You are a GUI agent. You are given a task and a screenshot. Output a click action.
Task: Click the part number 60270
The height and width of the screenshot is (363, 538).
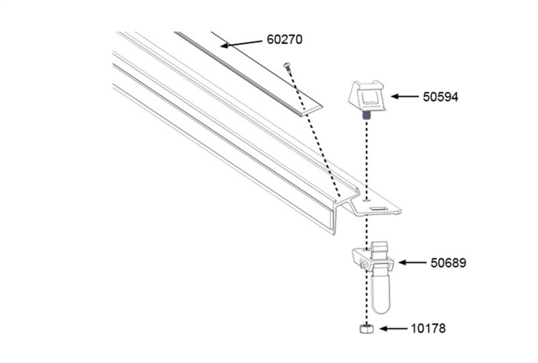click(285, 40)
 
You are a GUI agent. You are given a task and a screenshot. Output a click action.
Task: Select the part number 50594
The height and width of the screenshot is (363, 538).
click(440, 97)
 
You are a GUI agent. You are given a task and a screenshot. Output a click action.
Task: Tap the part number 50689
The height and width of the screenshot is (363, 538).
click(448, 263)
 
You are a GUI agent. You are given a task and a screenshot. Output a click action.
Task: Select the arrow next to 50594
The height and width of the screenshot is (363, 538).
click(405, 97)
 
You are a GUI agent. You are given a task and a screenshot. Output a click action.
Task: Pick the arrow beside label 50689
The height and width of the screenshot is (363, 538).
click(414, 262)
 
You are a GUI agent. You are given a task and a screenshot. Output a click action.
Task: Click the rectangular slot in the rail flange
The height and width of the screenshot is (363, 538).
click(378, 209)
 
